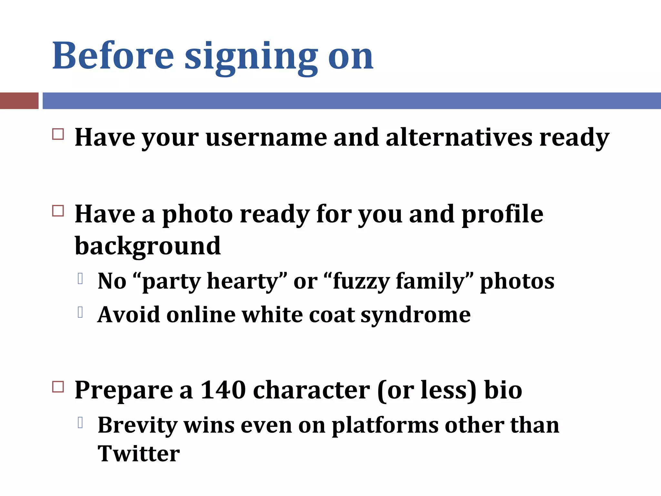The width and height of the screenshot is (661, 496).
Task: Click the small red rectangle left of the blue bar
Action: coord(19,100)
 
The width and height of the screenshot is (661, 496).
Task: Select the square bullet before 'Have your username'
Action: coord(58,134)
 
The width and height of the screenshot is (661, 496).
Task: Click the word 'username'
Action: coord(266,138)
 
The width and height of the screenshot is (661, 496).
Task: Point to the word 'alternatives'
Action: coord(459,138)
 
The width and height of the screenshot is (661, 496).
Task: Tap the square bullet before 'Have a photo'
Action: coord(58,211)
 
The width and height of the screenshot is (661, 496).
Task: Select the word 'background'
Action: coord(147,246)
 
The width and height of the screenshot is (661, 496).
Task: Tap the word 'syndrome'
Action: coord(415,315)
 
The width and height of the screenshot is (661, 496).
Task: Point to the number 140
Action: coord(223,390)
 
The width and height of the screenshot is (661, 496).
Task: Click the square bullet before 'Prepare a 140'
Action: coord(58,387)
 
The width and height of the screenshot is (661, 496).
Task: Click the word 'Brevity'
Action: coord(137,426)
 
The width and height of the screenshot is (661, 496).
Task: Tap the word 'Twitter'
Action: coord(139,454)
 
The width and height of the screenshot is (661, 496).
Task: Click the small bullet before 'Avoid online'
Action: coord(81,312)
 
